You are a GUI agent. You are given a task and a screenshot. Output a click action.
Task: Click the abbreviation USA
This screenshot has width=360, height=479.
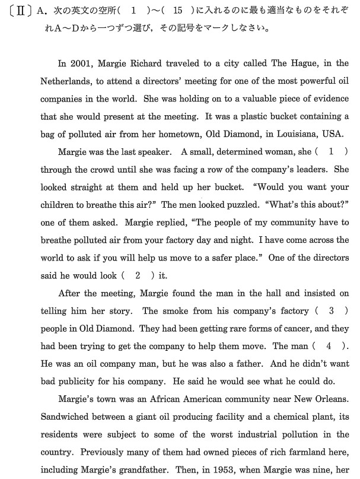click(x=337, y=133)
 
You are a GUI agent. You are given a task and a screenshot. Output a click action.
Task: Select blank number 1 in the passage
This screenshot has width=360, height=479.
click(x=331, y=152)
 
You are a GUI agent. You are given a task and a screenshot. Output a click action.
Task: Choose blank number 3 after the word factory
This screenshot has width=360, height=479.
click(x=331, y=310)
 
